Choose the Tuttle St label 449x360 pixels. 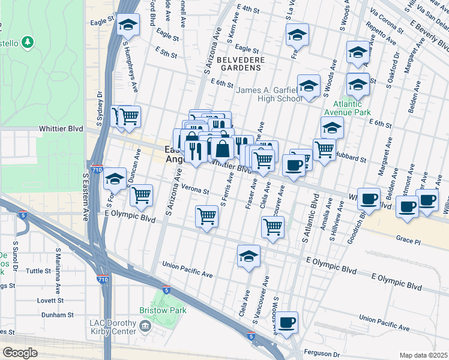pyautogui.click(x=38, y=271)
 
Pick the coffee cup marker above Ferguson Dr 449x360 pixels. pyautogui.click(x=287, y=322)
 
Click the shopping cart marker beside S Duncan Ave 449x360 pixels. pyautogui.click(x=141, y=194)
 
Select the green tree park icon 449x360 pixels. pyautogui.click(x=27, y=43)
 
